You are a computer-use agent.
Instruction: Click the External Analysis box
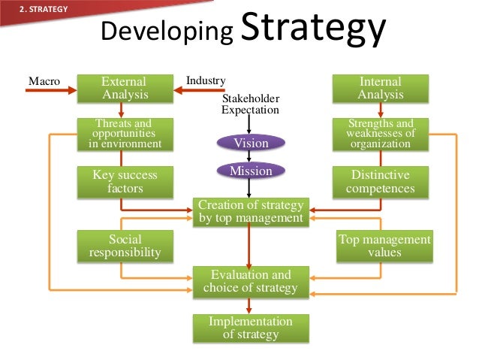[125, 88]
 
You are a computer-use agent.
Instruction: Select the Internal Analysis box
[380, 88]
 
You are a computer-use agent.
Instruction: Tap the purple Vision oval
[251, 143]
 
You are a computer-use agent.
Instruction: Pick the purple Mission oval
[251, 171]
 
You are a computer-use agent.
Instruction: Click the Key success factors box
[125, 182]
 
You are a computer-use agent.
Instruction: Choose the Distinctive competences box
[380, 182]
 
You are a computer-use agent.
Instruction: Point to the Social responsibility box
[125, 246]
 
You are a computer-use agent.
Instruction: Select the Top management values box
[384, 246]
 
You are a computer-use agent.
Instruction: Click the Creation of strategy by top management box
[250, 212]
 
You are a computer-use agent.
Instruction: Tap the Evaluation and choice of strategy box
[250, 281]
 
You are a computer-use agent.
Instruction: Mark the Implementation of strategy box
[250, 328]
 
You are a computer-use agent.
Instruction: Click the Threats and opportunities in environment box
[125, 134]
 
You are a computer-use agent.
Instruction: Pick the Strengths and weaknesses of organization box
[380, 134]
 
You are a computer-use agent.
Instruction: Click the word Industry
[205, 80]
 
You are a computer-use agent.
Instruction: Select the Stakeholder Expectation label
[250, 104]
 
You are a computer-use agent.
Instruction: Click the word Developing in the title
[167, 32]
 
